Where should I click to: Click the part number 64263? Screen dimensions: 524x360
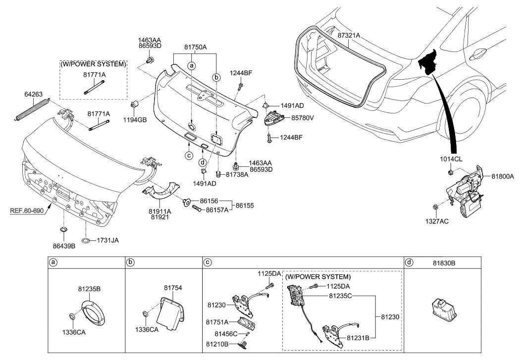[x=33, y=95]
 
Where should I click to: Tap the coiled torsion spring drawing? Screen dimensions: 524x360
[x=33, y=108]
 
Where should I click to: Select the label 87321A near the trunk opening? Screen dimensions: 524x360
[x=349, y=35]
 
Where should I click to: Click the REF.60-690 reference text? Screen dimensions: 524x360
[x=27, y=211]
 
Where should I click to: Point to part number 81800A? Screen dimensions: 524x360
[x=503, y=176]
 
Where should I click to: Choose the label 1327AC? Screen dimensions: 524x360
[x=437, y=221]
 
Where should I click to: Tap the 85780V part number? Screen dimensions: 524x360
[x=303, y=118]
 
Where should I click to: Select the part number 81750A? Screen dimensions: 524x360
[x=195, y=48]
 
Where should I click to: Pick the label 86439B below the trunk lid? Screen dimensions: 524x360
[x=64, y=246]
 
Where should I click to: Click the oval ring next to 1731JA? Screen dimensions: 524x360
[x=86, y=240]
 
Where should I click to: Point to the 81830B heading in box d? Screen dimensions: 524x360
[x=444, y=263]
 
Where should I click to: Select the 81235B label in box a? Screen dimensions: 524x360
[x=89, y=289]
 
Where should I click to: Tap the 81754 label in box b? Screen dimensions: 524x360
[x=173, y=288]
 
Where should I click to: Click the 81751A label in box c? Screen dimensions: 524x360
[x=217, y=322]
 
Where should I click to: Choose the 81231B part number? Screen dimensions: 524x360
[x=358, y=338]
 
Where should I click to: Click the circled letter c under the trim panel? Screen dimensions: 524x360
[x=189, y=155]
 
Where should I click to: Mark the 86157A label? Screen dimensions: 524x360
[x=217, y=210]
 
